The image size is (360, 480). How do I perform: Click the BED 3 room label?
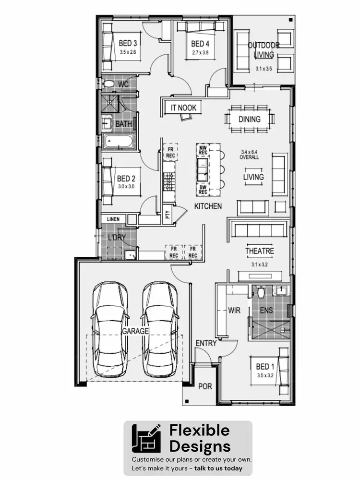[x=128, y=44]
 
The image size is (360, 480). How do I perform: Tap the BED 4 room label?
[x=200, y=44]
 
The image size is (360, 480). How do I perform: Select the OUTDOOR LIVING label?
[x=264, y=50]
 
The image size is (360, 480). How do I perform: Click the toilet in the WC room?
[x=109, y=84]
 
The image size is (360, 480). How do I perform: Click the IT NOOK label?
[x=183, y=108]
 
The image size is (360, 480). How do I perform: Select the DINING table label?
[x=249, y=119]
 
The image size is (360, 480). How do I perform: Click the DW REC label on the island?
[x=203, y=189]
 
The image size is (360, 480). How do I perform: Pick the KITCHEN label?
[x=208, y=206]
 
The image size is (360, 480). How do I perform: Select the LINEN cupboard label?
[x=113, y=219]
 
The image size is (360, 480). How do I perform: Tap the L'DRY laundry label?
[x=117, y=238]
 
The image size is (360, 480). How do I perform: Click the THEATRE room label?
[x=260, y=251]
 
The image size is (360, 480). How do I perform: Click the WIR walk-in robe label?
[x=234, y=311]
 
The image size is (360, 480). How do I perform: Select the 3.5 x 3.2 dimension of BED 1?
[x=265, y=375]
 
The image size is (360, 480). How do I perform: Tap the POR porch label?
[x=205, y=386]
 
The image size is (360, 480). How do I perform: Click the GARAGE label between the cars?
[x=135, y=331]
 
